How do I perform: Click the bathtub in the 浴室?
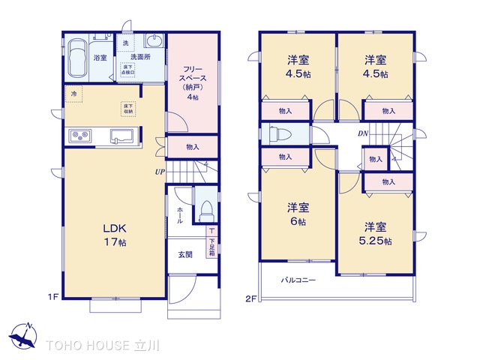(x=77, y=57)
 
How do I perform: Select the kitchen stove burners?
(x=80, y=136)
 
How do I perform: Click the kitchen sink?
(x=121, y=136)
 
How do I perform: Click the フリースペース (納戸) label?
(x=192, y=82)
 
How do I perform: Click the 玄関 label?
(x=185, y=255)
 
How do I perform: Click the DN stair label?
(x=362, y=133)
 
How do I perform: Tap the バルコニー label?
(x=298, y=281)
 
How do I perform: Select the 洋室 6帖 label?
(x=298, y=214)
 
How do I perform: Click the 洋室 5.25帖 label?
(x=376, y=232)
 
